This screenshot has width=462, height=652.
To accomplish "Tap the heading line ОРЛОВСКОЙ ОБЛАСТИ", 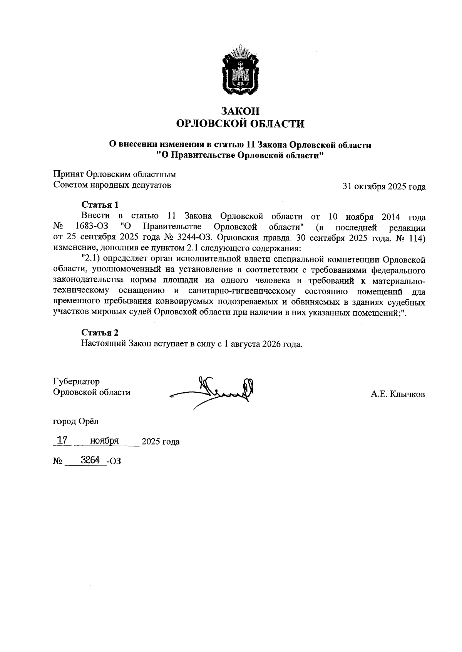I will coord(240,124).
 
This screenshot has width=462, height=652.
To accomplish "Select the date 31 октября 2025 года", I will coord(384,187).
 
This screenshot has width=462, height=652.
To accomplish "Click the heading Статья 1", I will coord(100,204).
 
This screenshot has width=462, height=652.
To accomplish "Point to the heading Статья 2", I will coord(100,333).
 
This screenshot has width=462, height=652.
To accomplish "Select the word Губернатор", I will coord(76,381).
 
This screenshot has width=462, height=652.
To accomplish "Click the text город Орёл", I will coord(76,421).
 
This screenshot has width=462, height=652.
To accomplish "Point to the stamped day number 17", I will coord(62,440).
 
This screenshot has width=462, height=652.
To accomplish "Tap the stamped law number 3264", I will coord(90,459).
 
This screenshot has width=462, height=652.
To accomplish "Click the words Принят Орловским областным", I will coord(114,174).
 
